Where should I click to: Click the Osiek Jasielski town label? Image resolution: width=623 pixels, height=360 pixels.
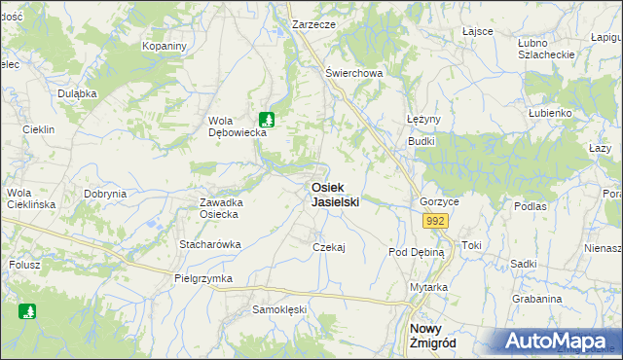[x=335, y=195]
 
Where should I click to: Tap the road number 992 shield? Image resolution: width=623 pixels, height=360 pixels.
[x=435, y=223]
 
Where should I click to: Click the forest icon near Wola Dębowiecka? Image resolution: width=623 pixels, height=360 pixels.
[x=268, y=120]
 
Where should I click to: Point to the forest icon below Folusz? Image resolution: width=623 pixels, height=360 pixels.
[x=27, y=311]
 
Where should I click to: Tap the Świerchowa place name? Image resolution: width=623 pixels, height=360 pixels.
[x=354, y=73]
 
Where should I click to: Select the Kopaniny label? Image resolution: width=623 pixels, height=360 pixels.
[x=164, y=46]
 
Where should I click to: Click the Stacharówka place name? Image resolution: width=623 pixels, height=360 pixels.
[x=209, y=244]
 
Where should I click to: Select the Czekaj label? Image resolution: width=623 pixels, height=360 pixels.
[x=329, y=247]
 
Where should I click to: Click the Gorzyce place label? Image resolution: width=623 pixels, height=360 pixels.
[x=439, y=201]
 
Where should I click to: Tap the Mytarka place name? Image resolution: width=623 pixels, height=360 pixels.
[x=428, y=287]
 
